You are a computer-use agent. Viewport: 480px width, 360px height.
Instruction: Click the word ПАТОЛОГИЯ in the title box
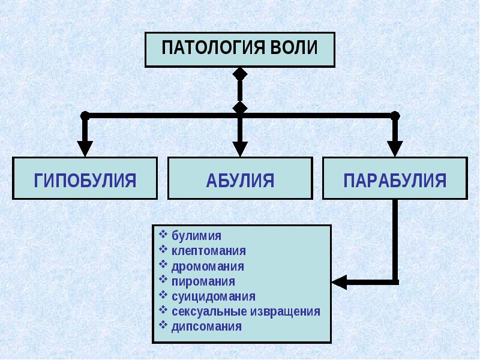coord(213,48)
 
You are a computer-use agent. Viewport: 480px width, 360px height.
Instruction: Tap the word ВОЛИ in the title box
coord(295,48)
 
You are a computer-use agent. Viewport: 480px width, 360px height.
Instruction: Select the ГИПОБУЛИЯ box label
coord(85,181)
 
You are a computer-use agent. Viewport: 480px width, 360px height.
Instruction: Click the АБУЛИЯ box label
coord(241,181)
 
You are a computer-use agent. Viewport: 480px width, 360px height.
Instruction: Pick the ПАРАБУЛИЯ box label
coord(395,181)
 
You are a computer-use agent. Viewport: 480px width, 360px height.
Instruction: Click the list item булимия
coord(196,236)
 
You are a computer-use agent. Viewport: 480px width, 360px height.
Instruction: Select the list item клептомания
coord(208,251)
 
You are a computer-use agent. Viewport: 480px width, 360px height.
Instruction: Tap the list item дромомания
coord(208,266)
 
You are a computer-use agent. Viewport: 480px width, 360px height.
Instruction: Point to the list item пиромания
coord(203,281)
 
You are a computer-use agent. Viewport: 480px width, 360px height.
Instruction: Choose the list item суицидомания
coord(214,296)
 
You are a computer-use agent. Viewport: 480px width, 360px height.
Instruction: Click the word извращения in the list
coord(286,311)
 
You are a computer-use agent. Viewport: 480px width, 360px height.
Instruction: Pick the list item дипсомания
coord(206,326)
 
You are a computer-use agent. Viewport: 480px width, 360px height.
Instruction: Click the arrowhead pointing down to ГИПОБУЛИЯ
coord(85,149)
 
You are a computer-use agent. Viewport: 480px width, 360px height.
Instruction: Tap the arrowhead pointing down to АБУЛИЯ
coord(240,149)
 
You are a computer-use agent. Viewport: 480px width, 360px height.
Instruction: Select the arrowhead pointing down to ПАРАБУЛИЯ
coord(395,149)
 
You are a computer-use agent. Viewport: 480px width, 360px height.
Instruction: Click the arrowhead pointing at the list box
coord(340,282)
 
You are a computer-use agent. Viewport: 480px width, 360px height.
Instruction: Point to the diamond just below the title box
coord(240,74)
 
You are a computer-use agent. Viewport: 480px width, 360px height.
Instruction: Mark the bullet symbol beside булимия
coord(163,235)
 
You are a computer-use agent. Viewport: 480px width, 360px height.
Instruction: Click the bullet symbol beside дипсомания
coord(163,325)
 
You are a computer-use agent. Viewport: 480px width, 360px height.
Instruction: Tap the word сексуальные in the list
coord(209,311)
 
